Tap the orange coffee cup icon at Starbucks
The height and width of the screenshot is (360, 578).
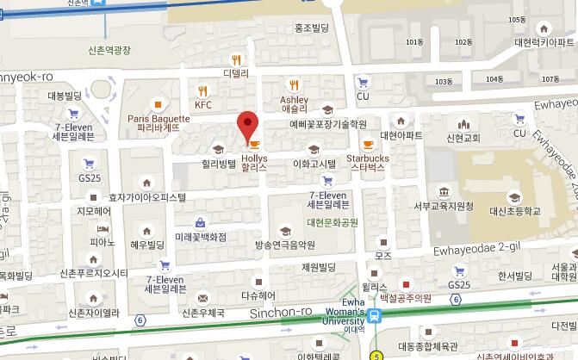pos(368,145)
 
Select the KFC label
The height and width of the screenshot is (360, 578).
pos(202,105)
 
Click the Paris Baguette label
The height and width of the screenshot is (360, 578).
pos(158,122)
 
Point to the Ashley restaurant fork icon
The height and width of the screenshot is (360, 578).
pos(295,84)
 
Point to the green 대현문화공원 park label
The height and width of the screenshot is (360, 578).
pos(332,222)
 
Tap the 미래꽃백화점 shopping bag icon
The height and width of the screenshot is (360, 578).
pos(200,221)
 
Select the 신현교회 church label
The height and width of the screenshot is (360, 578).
pos(462,137)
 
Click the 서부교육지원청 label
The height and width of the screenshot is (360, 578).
pos(444,206)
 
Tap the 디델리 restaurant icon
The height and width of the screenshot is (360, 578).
pos(236,59)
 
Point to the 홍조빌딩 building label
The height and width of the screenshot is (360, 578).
pos(312,28)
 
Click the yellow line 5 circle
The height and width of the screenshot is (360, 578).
pos(376,355)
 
